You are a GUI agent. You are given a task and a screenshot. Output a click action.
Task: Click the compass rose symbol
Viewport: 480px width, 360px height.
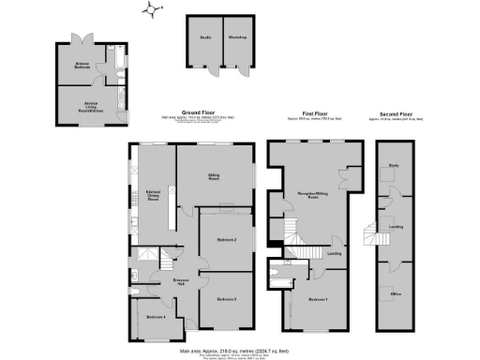[x=151, y=10]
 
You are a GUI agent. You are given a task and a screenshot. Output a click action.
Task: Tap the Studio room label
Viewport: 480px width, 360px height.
[x=204, y=37]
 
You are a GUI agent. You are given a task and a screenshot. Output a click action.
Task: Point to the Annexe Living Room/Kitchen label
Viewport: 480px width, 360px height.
[x=92, y=105]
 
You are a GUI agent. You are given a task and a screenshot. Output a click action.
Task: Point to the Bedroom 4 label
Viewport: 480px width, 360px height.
[x=157, y=317]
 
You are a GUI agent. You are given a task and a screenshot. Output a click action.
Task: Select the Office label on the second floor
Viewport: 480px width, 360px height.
[x=396, y=293]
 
